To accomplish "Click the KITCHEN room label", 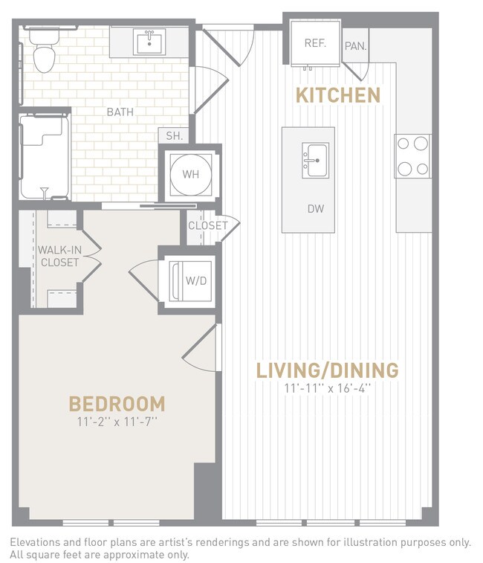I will [338, 95].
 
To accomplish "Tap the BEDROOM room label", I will [117, 404].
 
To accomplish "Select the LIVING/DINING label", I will [327, 370].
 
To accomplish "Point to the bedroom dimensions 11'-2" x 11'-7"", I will [117, 422].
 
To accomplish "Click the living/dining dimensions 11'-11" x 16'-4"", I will [327, 388].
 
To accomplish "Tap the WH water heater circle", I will [190, 176].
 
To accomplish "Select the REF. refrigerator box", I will [315, 43].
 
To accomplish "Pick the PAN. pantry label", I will [354, 46].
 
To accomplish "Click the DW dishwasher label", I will [316, 210].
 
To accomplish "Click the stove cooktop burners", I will [412, 155].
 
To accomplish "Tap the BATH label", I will [120, 112].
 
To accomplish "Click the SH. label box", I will [175, 136].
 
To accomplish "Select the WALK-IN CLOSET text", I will [59, 256].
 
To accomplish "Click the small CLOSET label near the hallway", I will [207, 225].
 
